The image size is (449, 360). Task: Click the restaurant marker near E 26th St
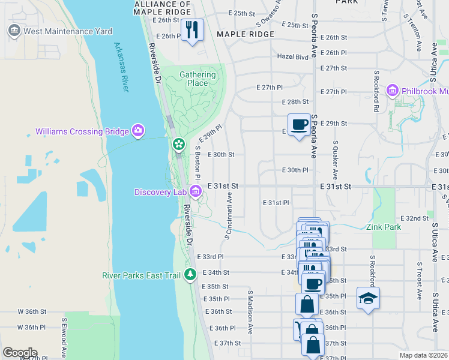[192, 30]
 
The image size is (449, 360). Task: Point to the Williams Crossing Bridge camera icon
[139, 131]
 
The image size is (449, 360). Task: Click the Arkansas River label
[122, 67]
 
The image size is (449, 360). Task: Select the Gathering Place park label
[197, 79]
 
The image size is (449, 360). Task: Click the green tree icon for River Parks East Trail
[190, 275]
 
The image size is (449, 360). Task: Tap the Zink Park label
[384, 227]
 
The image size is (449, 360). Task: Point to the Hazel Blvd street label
[292, 57]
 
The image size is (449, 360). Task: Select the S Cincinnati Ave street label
[229, 215]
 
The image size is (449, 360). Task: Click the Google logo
[20, 353]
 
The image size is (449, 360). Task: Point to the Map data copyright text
[424, 355]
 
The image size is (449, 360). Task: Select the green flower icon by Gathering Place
[178, 144]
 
